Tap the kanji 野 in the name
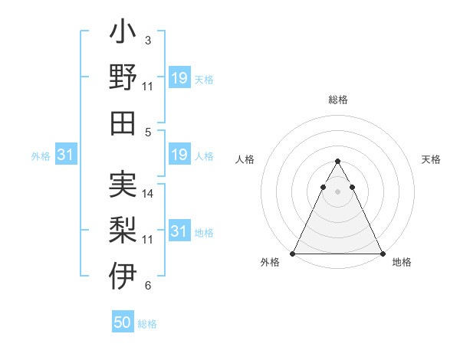tap(123, 77)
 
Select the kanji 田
tap(123, 123)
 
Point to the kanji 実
tap(123, 185)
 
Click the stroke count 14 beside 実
tap(149, 194)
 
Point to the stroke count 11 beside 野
tap(149, 86)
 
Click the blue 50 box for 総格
tap(123, 322)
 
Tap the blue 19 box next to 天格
tap(179, 78)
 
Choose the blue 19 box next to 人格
tap(179, 155)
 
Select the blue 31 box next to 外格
tap(66, 155)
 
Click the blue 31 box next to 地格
tap(179, 231)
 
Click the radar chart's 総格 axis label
tap(338, 100)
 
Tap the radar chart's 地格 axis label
tap(402, 263)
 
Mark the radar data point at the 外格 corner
tap(293, 254)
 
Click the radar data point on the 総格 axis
tap(338, 162)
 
